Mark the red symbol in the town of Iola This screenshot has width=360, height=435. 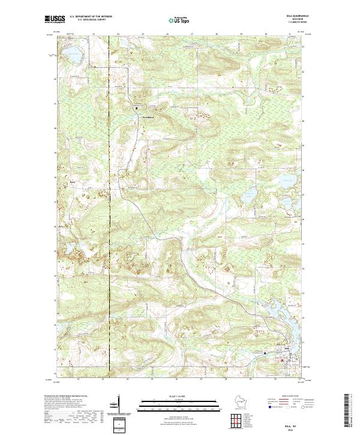pos(282,360)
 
